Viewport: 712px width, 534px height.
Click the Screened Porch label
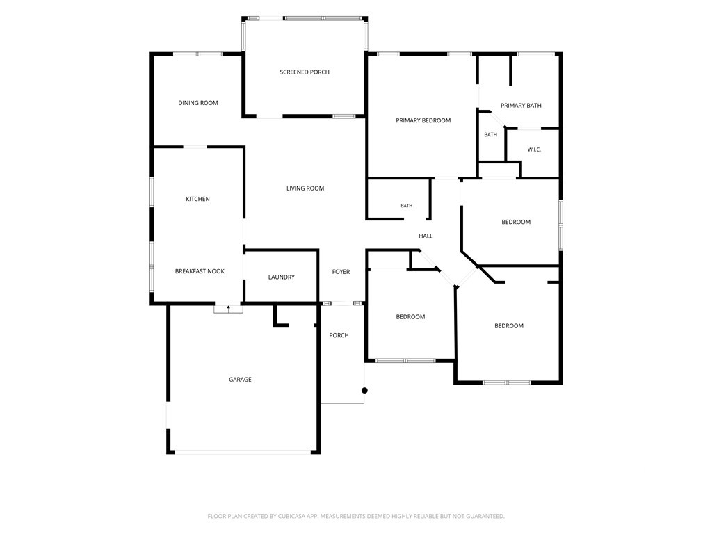(x=305, y=72)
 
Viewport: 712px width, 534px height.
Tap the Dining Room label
(x=198, y=103)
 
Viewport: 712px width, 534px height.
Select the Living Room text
(x=305, y=188)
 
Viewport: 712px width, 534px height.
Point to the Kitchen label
(x=197, y=199)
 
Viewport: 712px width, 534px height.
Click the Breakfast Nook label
(x=200, y=271)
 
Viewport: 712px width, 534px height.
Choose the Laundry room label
(x=281, y=277)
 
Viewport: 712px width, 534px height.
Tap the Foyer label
(x=341, y=272)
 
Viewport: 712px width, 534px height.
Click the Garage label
(x=240, y=379)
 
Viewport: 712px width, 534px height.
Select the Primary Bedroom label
(x=423, y=120)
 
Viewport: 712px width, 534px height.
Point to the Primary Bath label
(x=521, y=106)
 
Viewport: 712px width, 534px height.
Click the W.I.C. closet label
(x=534, y=149)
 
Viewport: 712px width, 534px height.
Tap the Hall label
(x=426, y=236)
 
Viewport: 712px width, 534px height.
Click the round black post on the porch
(x=364, y=391)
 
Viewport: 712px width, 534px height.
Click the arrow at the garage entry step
(x=228, y=308)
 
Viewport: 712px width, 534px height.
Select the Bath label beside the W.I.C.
(x=490, y=134)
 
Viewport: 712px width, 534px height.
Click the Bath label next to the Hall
(x=406, y=206)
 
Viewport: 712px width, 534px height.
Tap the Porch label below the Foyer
(x=339, y=335)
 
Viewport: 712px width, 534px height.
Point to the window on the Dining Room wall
(x=198, y=54)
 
